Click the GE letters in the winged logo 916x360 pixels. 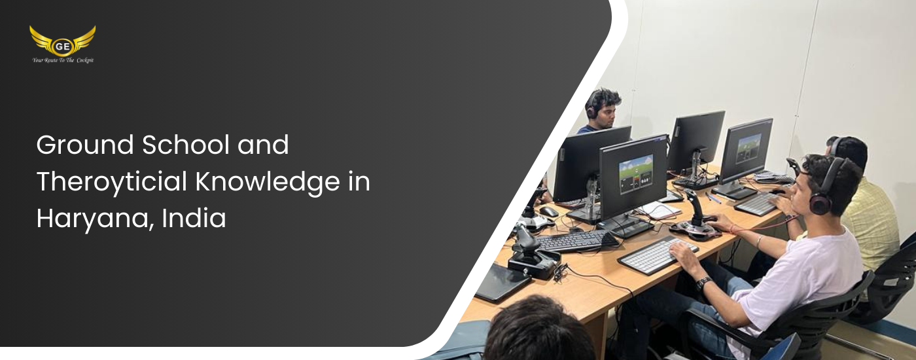point(62,46)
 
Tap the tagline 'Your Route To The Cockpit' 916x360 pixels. point(63,60)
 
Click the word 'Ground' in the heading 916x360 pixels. point(85,145)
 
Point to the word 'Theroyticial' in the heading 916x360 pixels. point(112,181)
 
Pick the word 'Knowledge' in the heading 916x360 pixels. point(268,182)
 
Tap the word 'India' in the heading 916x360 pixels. point(194,218)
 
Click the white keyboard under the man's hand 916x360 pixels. point(658,255)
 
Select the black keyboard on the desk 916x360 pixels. point(576,241)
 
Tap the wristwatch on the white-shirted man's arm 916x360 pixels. point(703,283)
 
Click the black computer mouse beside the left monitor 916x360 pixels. point(548,211)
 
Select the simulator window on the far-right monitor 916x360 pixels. point(749,148)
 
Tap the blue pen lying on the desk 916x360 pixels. point(713,198)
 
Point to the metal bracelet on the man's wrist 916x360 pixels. point(759,241)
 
